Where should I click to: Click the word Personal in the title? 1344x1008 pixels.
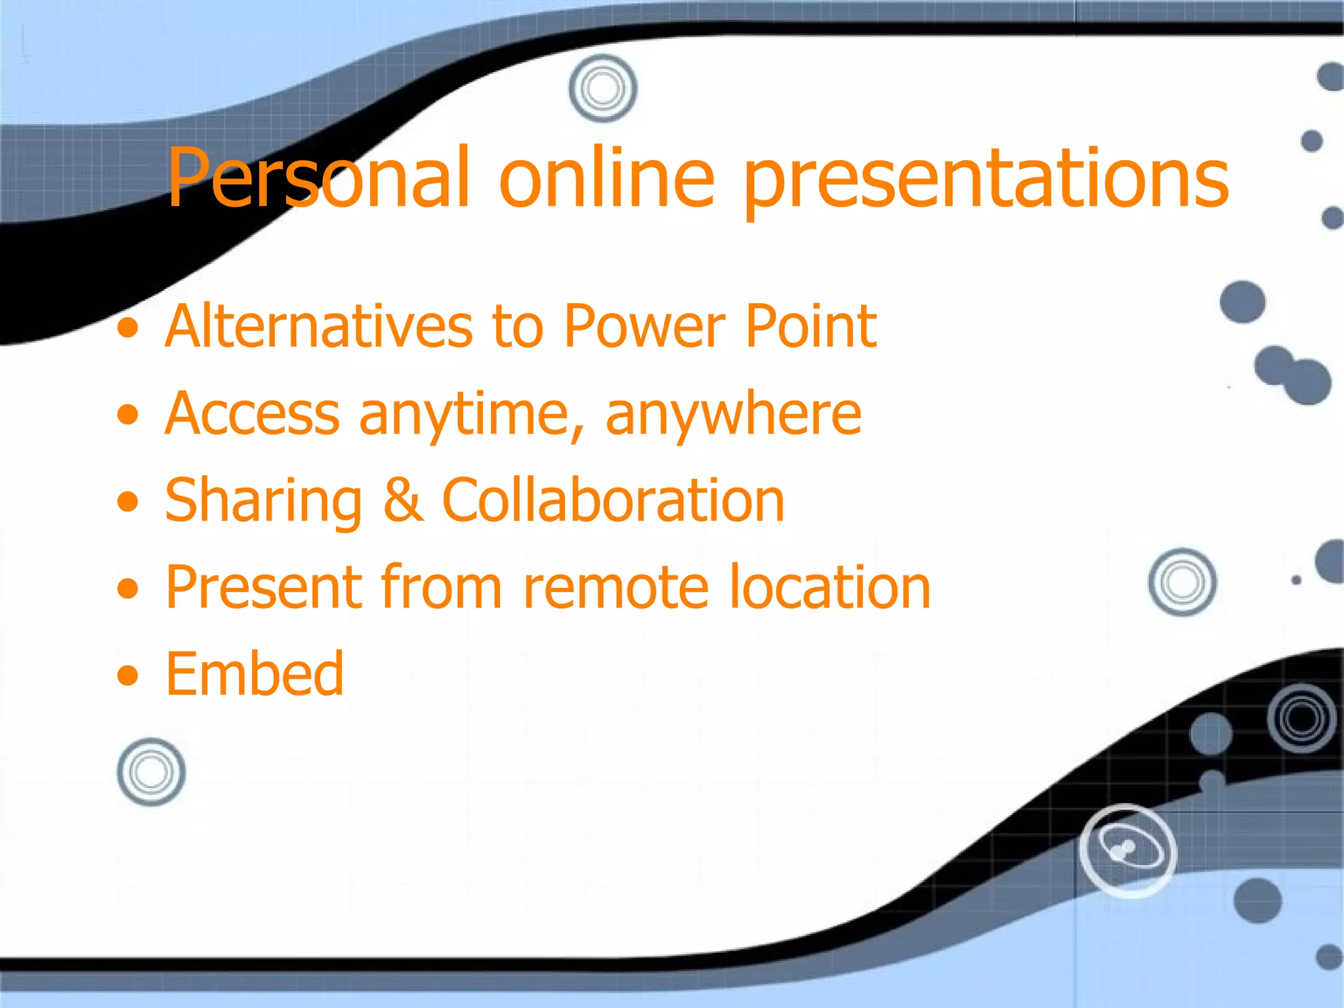pyautogui.click(x=318, y=178)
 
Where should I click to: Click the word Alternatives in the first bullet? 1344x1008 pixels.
pyautogui.click(x=318, y=326)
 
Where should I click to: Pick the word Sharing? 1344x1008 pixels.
pyautogui.click(x=263, y=502)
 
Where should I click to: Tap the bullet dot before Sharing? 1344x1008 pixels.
pyautogui.click(x=128, y=503)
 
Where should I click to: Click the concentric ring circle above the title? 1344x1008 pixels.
pyautogui.click(x=602, y=88)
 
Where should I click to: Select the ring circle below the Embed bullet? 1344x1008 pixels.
pyautogui.click(x=151, y=772)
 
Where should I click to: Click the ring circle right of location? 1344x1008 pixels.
pyautogui.click(x=1182, y=582)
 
